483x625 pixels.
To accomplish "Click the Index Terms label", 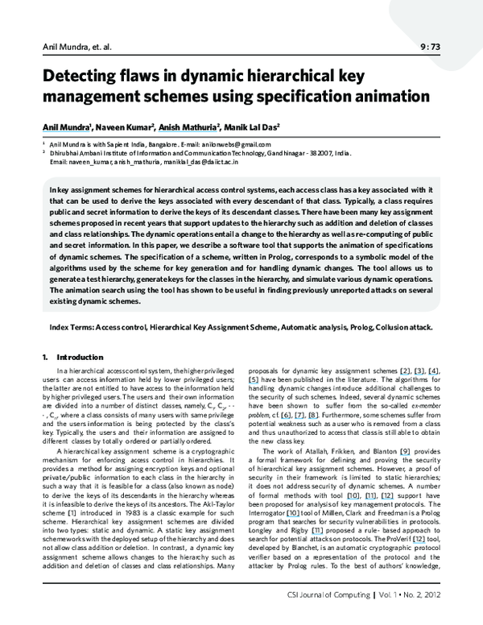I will tap(72, 328).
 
